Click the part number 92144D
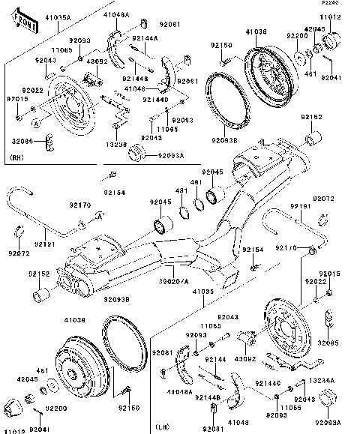(x=154, y=98)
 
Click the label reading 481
(x=181, y=190)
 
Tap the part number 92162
(x=311, y=117)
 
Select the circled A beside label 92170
(x=98, y=217)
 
